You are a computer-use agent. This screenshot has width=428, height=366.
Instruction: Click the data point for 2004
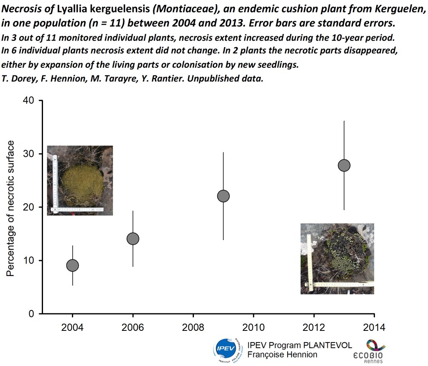[x=73, y=265]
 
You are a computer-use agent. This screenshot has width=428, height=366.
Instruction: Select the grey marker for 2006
[x=133, y=239]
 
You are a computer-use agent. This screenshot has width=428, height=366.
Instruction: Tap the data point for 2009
[x=224, y=196]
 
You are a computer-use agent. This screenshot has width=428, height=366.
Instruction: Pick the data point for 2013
[x=344, y=165]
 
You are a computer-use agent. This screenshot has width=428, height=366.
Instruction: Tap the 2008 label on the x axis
[x=193, y=327]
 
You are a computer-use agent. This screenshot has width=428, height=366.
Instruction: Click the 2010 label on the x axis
[x=253, y=327]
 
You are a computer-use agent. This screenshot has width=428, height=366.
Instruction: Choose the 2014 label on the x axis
[x=374, y=327]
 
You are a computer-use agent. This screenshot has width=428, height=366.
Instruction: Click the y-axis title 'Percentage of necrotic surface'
[x=11, y=208]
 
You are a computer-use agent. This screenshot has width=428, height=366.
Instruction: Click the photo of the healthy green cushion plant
[x=80, y=180]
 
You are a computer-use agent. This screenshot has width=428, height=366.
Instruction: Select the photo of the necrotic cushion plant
[x=337, y=259]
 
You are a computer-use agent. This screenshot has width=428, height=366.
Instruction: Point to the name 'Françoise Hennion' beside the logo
[x=282, y=355]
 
